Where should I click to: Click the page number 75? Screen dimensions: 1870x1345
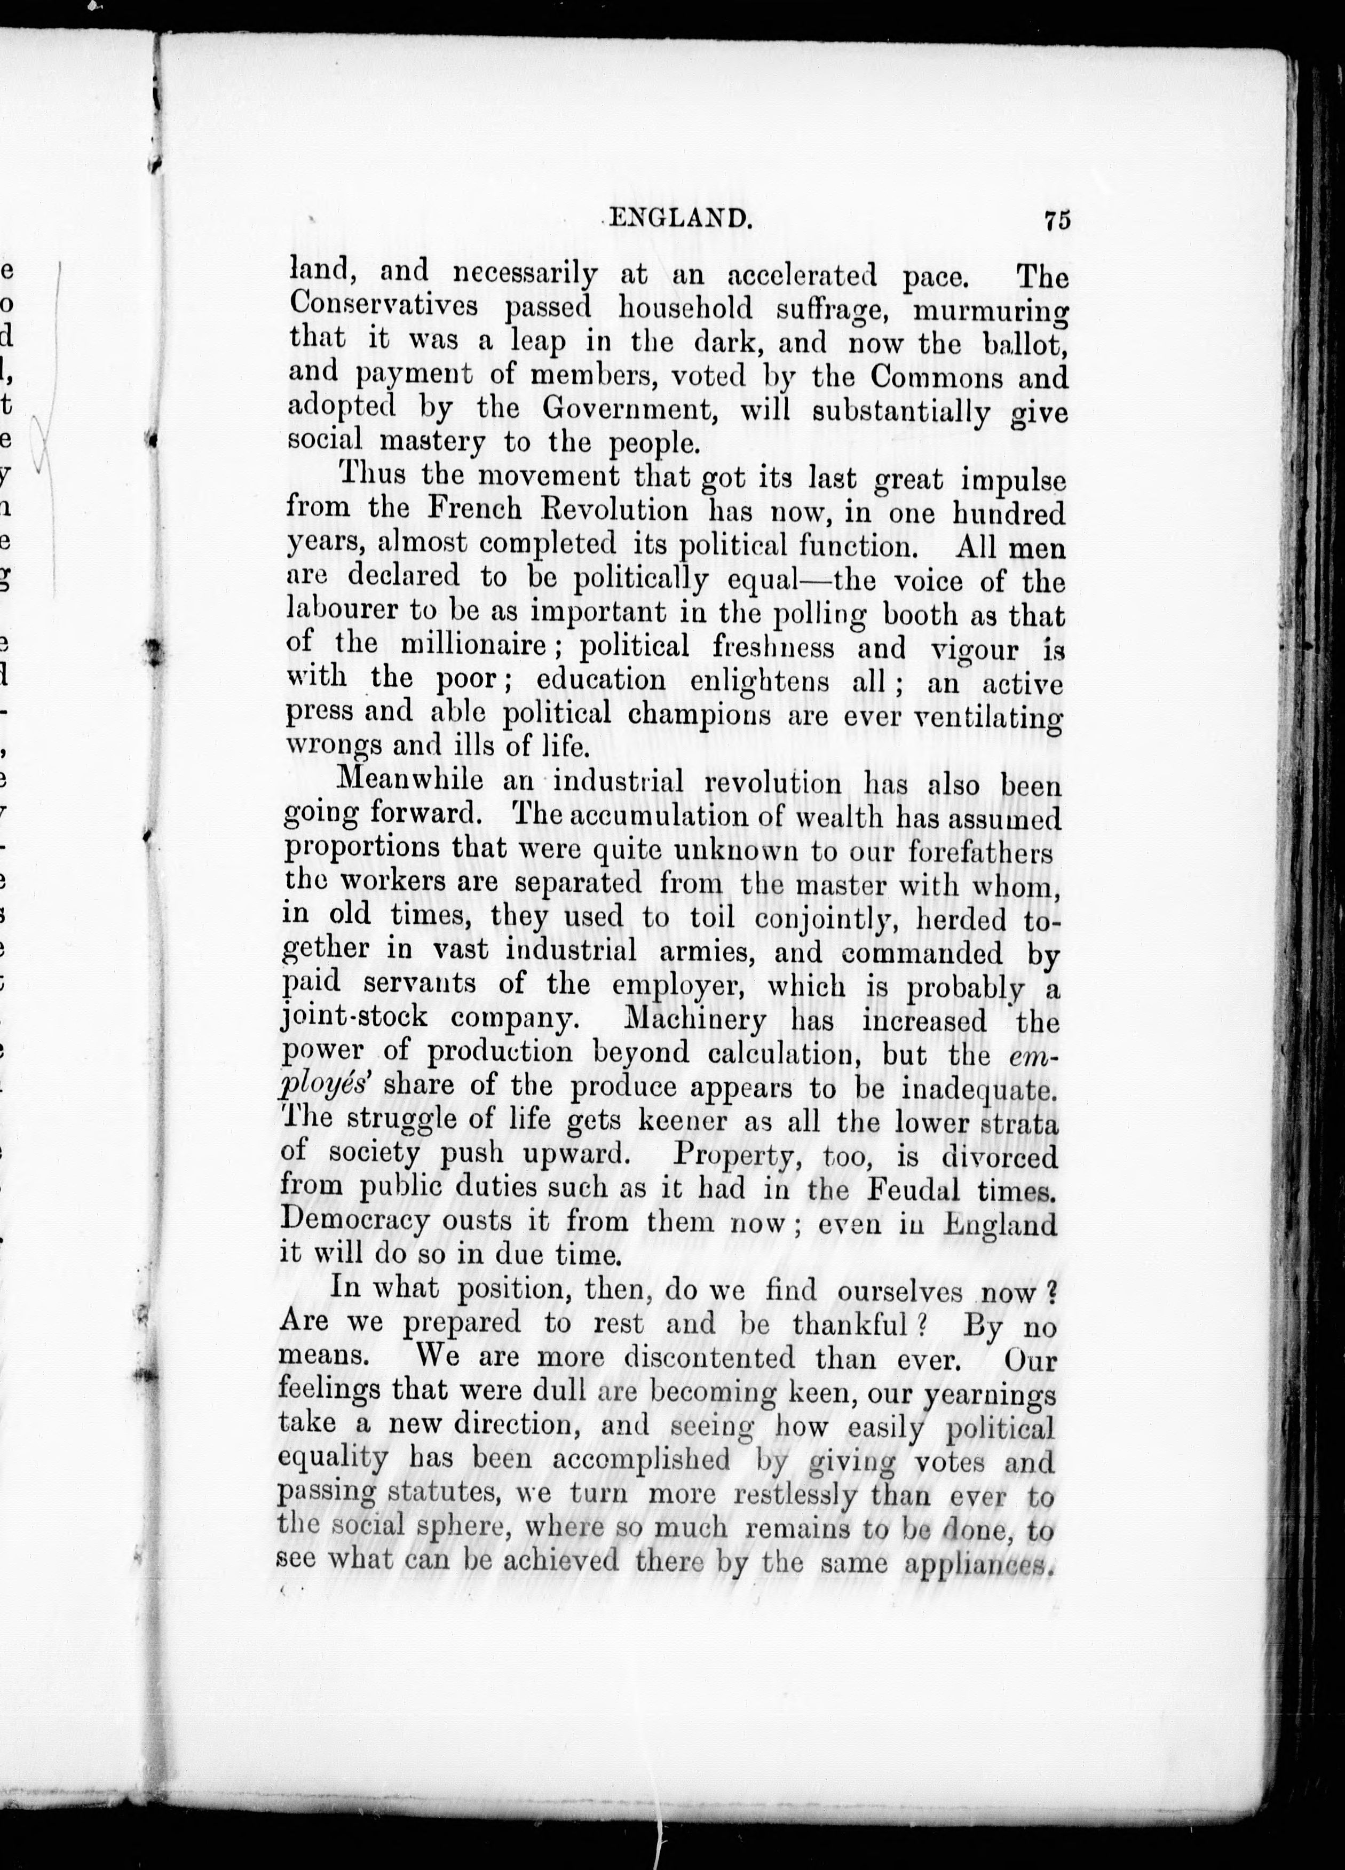click(1056, 221)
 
